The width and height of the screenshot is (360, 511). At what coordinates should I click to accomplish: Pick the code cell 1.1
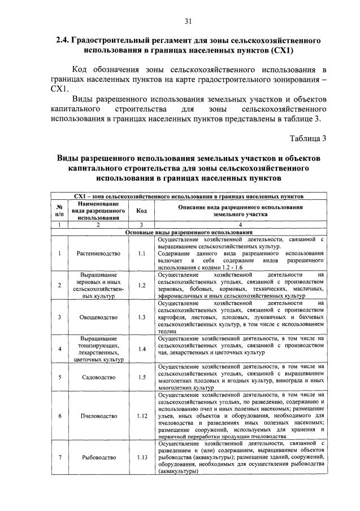(x=142, y=252)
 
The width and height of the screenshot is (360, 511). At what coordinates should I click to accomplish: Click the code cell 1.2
(x=142, y=285)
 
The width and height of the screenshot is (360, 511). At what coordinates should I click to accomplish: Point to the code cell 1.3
(x=142, y=317)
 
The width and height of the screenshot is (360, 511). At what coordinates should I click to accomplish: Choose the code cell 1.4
(x=142, y=348)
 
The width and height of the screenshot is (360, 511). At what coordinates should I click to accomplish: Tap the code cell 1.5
(x=142, y=377)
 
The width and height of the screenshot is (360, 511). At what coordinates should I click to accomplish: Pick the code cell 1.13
(x=142, y=458)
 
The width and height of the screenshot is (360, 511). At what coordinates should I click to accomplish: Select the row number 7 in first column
(x=59, y=458)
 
